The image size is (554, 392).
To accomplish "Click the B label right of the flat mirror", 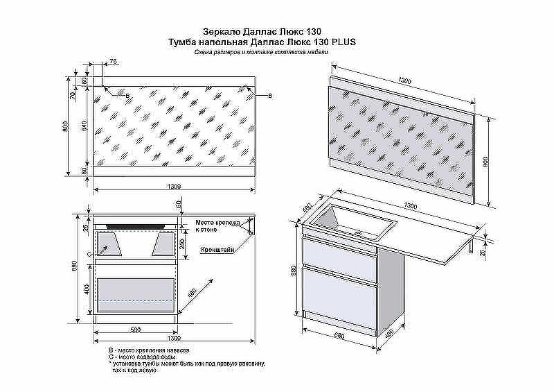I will point(269,95).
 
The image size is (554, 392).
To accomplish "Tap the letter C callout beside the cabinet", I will point(89,255).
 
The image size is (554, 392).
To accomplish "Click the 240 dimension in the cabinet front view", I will point(182,243).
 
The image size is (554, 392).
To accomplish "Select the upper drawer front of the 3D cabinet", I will point(339,253).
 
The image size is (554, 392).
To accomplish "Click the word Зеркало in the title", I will point(221,32).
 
